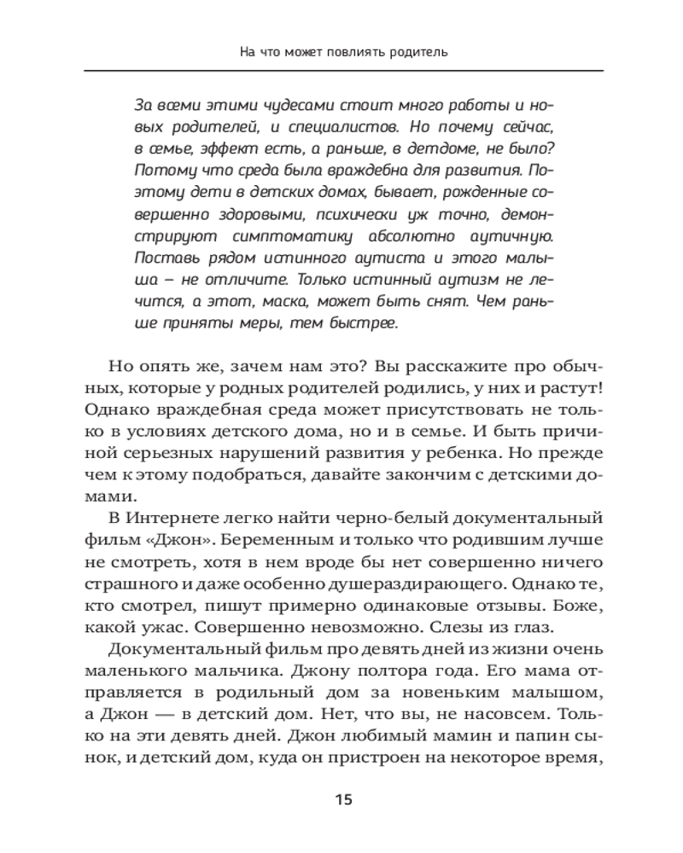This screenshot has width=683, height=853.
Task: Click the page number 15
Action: (x=341, y=799)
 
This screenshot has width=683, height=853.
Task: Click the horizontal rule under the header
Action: (x=341, y=70)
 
